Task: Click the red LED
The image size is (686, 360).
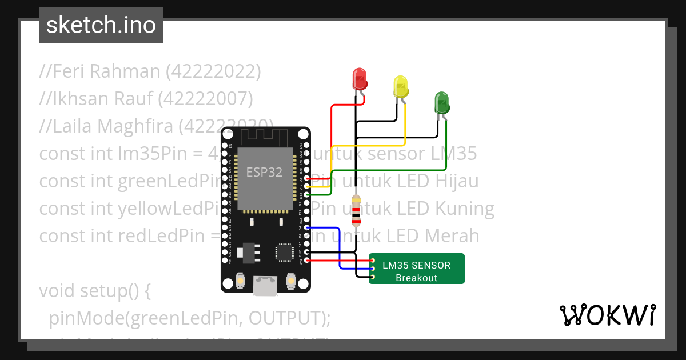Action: point(360,79)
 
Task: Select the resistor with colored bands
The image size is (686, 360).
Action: point(356,211)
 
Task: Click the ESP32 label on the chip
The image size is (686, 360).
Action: point(264,172)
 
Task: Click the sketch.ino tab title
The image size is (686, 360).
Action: point(101,26)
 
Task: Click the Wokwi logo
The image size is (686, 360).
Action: point(607,315)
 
